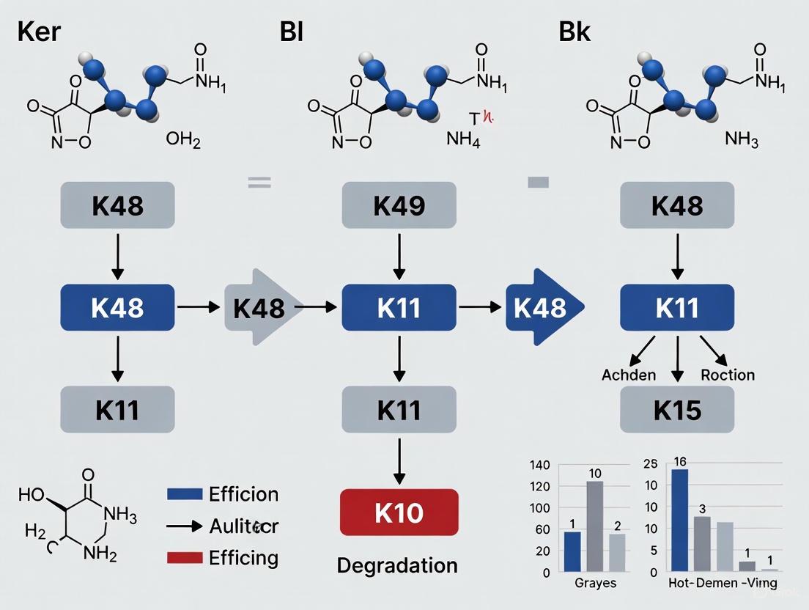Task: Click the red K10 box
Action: click(x=399, y=512)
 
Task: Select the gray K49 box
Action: click(x=399, y=206)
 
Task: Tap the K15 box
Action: click(x=677, y=410)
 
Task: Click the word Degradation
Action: click(x=397, y=565)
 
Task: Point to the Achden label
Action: click(x=629, y=375)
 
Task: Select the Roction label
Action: click(x=728, y=375)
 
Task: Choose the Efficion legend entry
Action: click(x=243, y=494)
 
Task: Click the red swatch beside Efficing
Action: click(x=185, y=558)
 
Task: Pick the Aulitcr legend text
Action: click(x=243, y=526)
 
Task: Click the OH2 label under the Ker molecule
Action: click(x=183, y=140)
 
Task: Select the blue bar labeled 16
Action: click(x=679, y=520)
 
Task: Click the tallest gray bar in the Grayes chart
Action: click(x=594, y=526)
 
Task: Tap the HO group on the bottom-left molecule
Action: click(x=31, y=494)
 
